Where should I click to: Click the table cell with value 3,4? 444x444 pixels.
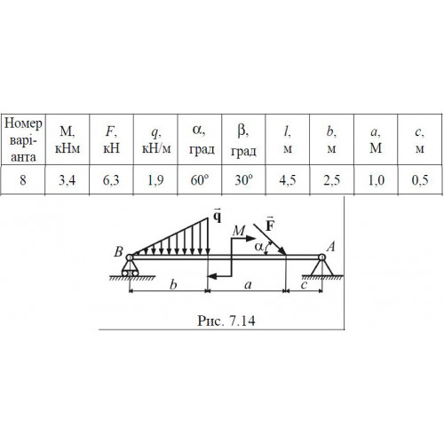pyautogui.click(x=67, y=180)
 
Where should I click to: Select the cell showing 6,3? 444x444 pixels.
pyautogui.click(x=111, y=180)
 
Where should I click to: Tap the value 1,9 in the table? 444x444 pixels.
pyautogui.click(x=155, y=180)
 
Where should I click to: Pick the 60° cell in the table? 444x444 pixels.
pyautogui.click(x=200, y=180)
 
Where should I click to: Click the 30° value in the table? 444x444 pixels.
pyautogui.click(x=243, y=180)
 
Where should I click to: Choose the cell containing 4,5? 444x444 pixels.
pyautogui.click(x=288, y=180)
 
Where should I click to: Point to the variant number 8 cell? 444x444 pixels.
pyautogui.click(x=23, y=180)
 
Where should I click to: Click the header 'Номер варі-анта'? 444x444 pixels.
pyautogui.click(x=23, y=139)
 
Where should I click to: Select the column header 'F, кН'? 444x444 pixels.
pyautogui.click(x=111, y=139)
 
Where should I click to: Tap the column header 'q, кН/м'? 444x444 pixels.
pyautogui.click(x=156, y=140)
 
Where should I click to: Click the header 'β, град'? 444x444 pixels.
pyautogui.click(x=243, y=140)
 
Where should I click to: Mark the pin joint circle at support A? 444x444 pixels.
pyautogui.click(x=322, y=258)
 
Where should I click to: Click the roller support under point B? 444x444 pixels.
pyautogui.click(x=130, y=269)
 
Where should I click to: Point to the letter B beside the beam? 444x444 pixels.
pyautogui.click(x=118, y=251)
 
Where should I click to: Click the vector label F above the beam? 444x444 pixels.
pyautogui.click(x=270, y=224)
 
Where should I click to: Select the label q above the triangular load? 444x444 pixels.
pyautogui.click(x=218, y=216)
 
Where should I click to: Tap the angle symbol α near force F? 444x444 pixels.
pyautogui.click(x=258, y=247)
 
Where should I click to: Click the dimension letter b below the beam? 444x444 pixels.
pyautogui.click(x=173, y=284)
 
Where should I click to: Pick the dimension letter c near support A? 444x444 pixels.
pyautogui.click(x=304, y=285)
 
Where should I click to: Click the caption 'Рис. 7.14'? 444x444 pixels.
pyautogui.click(x=226, y=321)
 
